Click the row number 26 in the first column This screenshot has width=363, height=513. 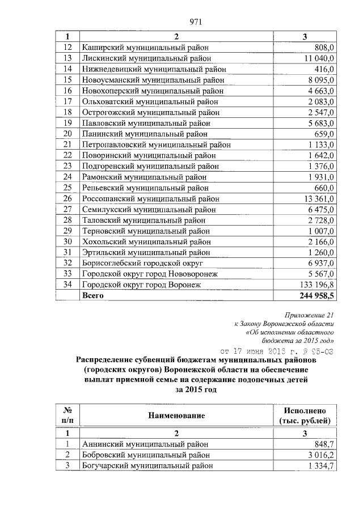67,198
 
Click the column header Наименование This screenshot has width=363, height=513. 176,416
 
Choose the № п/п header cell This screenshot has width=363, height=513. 67,416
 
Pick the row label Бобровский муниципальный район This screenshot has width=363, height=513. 145,455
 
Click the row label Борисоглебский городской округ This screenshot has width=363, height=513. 142,263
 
